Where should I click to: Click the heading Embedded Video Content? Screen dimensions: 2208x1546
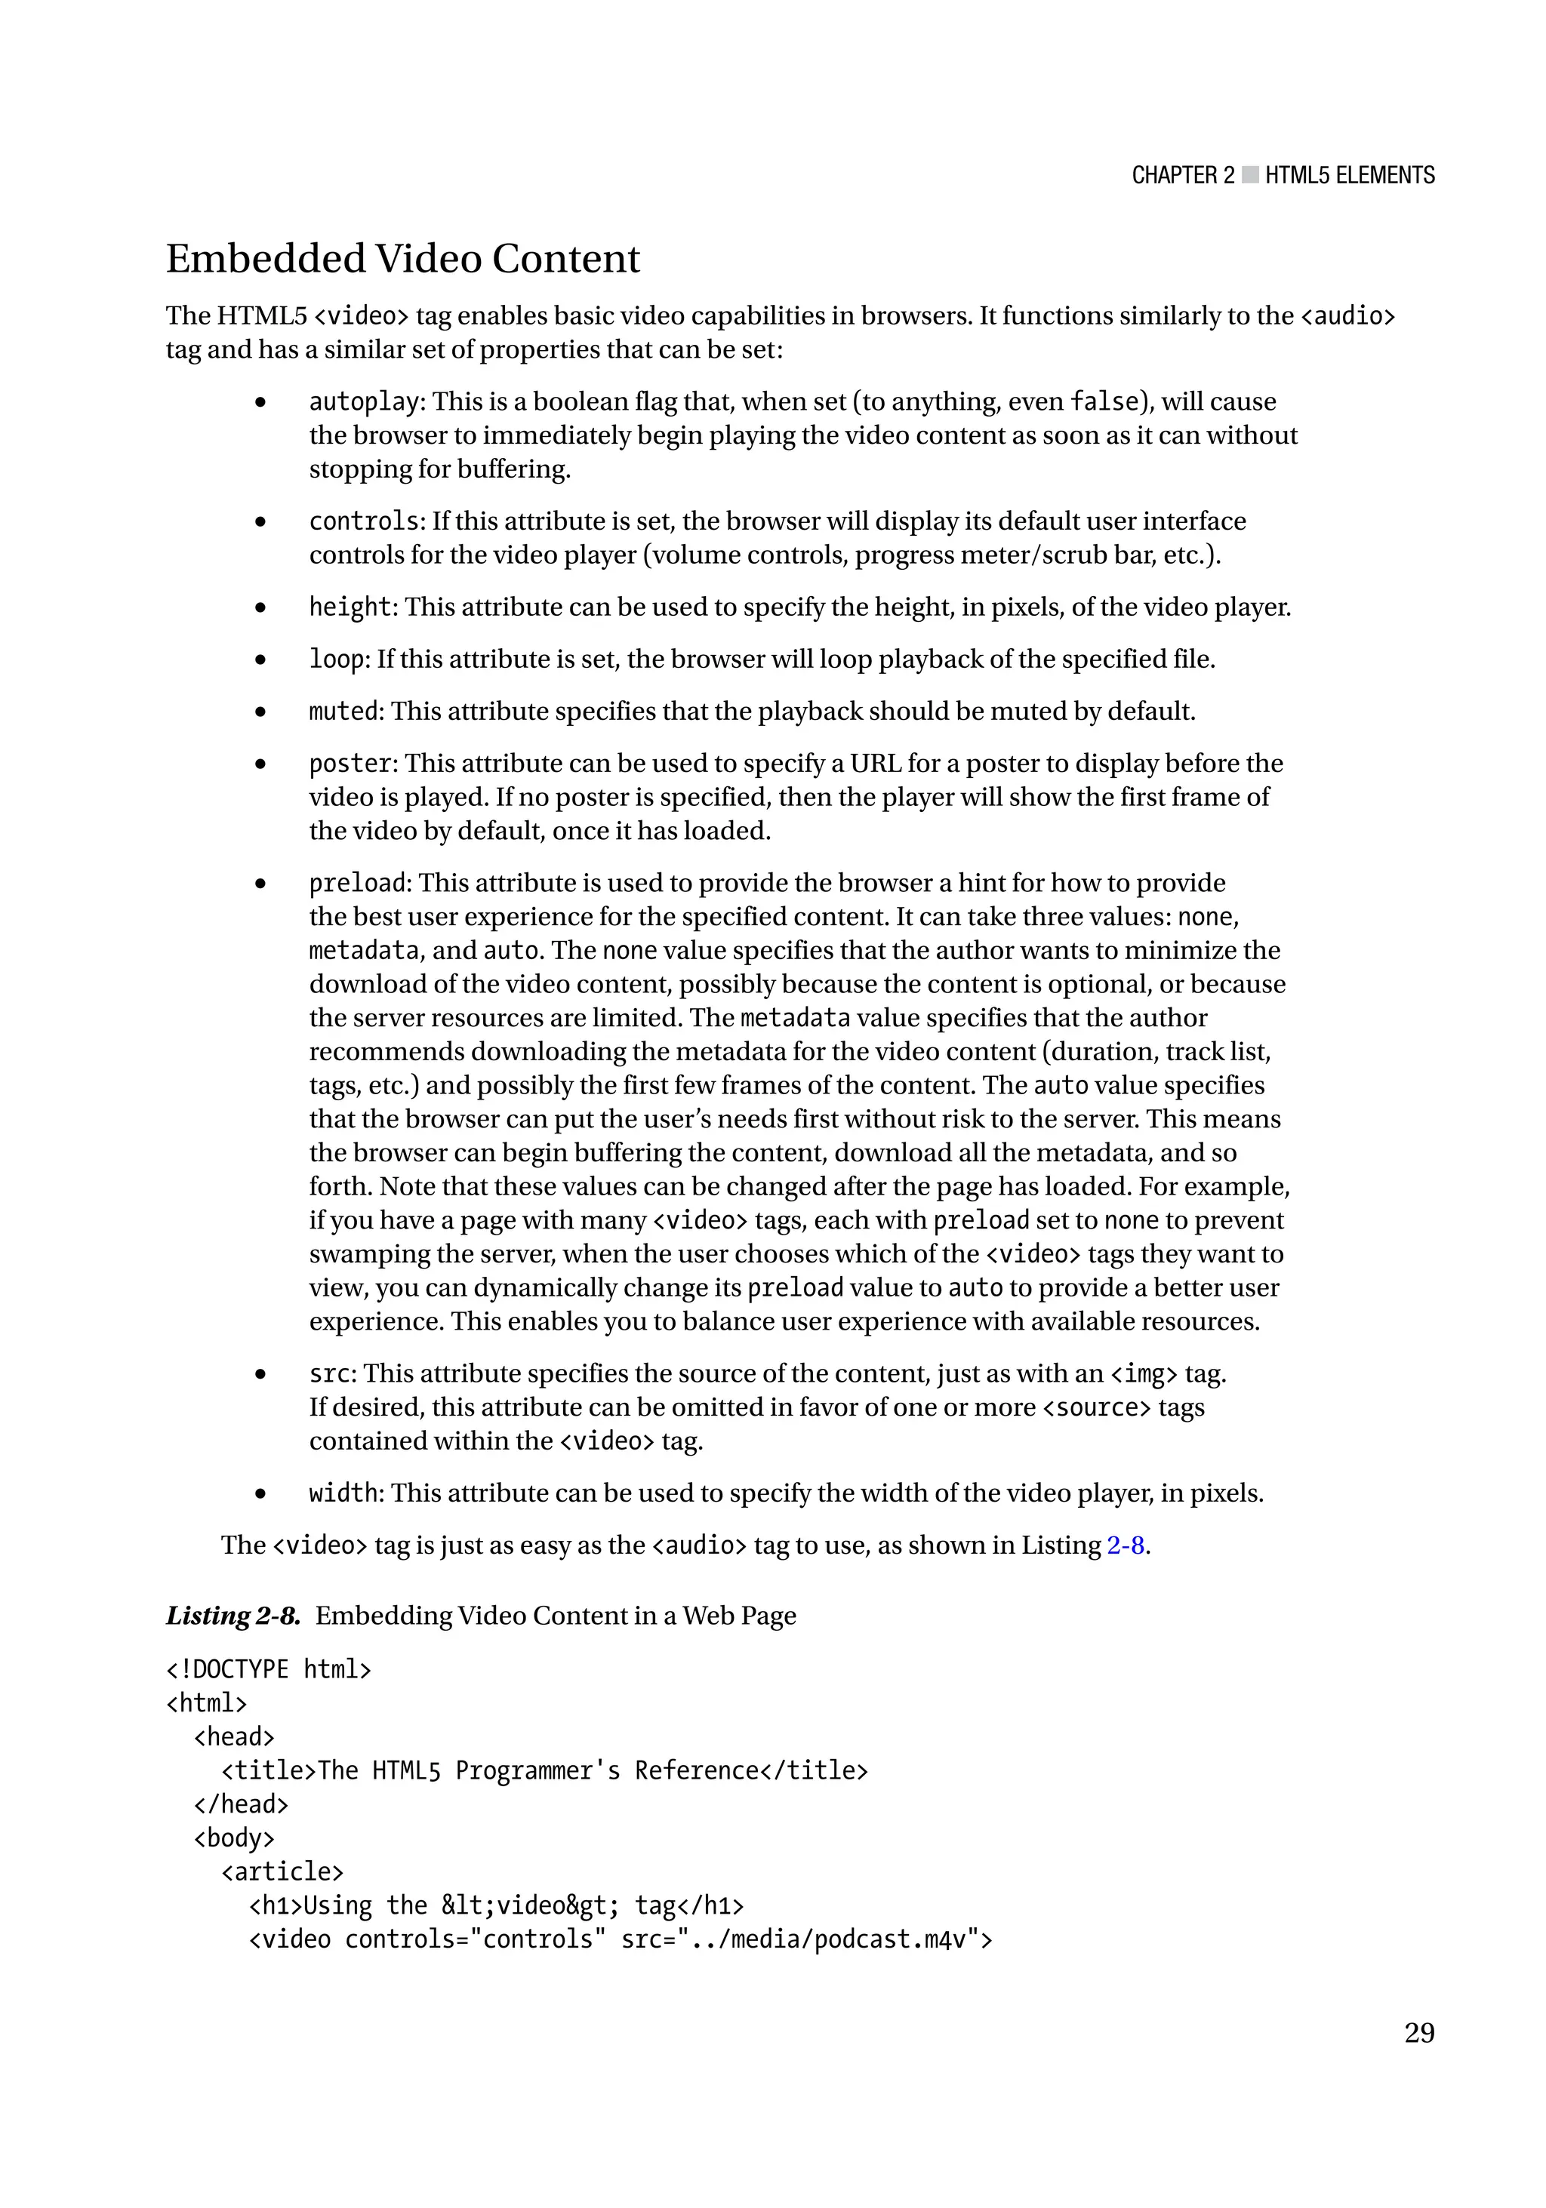tap(402, 259)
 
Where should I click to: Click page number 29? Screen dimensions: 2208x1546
tap(1419, 2032)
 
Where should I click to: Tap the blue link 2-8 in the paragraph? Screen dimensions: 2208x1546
tap(1125, 1545)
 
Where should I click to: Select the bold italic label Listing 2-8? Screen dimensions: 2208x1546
tap(233, 1616)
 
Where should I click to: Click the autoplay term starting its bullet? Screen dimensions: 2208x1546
tap(364, 402)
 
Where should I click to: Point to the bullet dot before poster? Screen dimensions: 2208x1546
tap(260, 764)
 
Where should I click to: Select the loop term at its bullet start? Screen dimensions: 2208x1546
tap(337, 660)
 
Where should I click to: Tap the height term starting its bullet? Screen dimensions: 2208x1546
tap(350, 607)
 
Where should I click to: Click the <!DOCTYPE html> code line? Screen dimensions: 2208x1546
tap(269, 1669)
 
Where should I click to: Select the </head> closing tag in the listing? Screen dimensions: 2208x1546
tap(241, 1805)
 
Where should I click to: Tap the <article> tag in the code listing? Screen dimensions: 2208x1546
tap(282, 1872)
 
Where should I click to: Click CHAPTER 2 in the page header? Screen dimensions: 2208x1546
tap(1182, 175)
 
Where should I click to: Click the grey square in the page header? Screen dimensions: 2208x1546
tap(1249, 175)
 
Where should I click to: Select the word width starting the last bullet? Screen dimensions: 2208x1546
tap(343, 1493)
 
